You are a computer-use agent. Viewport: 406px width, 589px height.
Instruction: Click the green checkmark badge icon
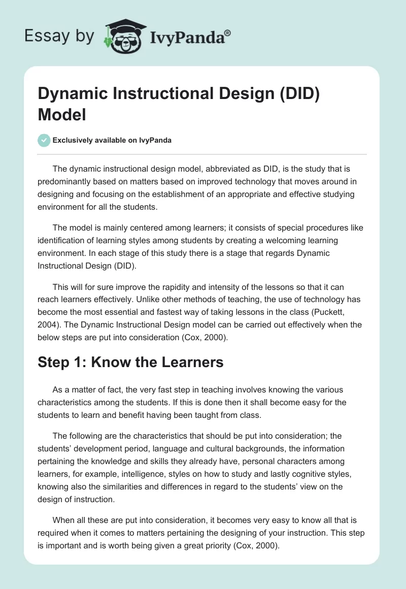pos(44,140)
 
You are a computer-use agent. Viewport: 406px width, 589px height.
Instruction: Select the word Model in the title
pos(61,115)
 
